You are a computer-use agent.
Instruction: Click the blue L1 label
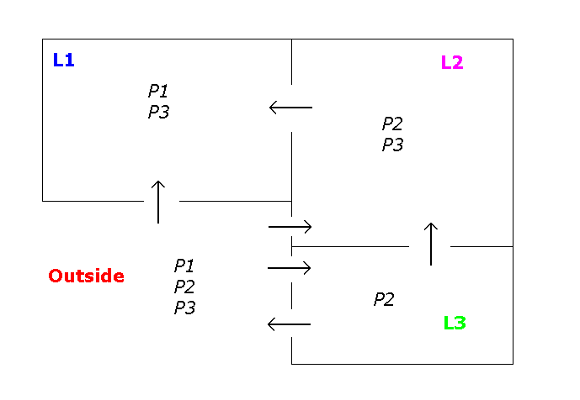pyautogui.click(x=63, y=60)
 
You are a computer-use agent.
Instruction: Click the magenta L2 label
pyautogui.click(x=452, y=62)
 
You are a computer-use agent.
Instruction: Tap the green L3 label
pyautogui.click(x=455, y=323)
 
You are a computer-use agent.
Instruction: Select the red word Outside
pyautogui.click(x=86, y=276)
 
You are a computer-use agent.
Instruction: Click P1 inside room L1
pyautogui.click(x=158, y=91)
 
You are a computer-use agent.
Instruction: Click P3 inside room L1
pyautogui.click(x=158, y=112)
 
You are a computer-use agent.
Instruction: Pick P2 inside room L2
pyautogui.click(x=392, y=124)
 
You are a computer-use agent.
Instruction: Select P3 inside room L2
pyautogui.click(x=392, y=145)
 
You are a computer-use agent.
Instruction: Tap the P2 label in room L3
pyautogui.click(x=384, y=299)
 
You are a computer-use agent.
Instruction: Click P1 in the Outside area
pyautogui.click(x=184, y=266)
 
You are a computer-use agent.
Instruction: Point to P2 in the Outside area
pyautogui.click(x=184, y=287)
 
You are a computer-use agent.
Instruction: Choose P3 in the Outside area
pyautogui.click(x=184, y=308)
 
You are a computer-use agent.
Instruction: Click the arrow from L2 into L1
pyautogui.click(x=290, y=108)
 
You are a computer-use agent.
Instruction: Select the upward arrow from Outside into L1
pyautogui.click(x=157, y=202)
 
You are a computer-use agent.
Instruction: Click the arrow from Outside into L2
pyautogui.click(x=290, y=227)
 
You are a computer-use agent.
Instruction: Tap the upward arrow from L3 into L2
pyautogui.click(x=430, y=245)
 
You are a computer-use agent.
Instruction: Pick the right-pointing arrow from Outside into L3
pyautogui.click(x=290, y=268)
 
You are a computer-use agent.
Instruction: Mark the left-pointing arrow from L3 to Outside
pyautogui.click(x=289, y=324)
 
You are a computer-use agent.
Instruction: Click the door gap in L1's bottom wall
pyautogui.click(x=161, y=201)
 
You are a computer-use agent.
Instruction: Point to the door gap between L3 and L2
pyautogui.click(x=430, y=246)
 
